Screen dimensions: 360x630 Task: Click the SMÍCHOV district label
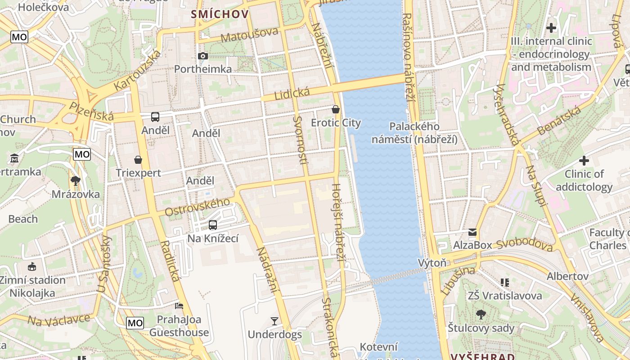pyautogui.click(x=220, y=14)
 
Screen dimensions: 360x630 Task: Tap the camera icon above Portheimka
pyautogui.click(x=203, y=56)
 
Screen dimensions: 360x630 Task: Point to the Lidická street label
pyautogui.click(x=292, y=94)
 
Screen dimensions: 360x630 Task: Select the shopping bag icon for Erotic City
pyautogui.click(x=336, y=109)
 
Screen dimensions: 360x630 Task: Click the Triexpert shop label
pyautogui.click(x=138, y=173)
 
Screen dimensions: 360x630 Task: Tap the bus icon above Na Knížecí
pyautogui.click(x=213, y=225)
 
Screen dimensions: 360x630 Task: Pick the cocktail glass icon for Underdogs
pyautogui.click(x=274, y=321)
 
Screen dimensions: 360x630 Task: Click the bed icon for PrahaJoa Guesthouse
pyautogui.click(x=179, y=306)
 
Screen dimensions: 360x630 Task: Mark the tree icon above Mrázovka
pyautogui.click(x=76, y=181)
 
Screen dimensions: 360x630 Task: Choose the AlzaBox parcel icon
pyautogui.click(x=472, y=232)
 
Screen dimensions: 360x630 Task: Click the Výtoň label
pyautogui.click(x=432, y=263)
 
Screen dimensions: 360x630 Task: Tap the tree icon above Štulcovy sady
pyautogui.click(x=481, y=315)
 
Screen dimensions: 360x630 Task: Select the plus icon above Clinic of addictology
pyautogui.click(x=584, y=160)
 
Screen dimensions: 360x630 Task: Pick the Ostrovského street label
pyautogui.click(x=197, y=207)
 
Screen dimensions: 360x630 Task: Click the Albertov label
pyautogui.click(x=567, y=276)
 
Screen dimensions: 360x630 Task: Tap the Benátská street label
pyautogui.click(x=559, y=121)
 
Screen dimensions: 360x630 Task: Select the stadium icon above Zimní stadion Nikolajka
pyautogui.click(x=32, y=267)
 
